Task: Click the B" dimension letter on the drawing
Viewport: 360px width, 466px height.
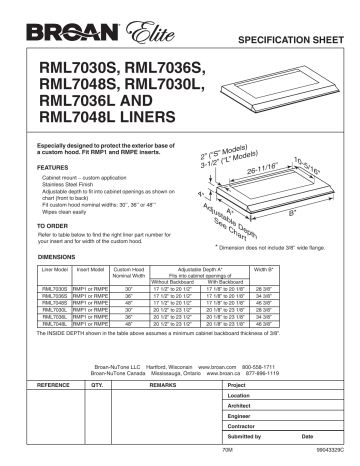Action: pos(290,212)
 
